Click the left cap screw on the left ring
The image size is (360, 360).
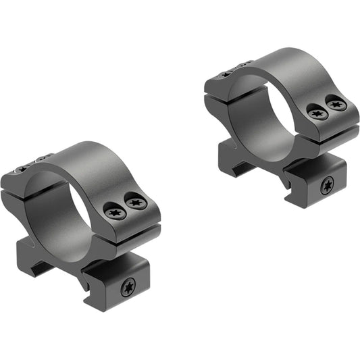pos(114,212)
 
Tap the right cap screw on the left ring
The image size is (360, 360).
pos(136,202)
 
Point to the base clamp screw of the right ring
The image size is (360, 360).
pos(327,185)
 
